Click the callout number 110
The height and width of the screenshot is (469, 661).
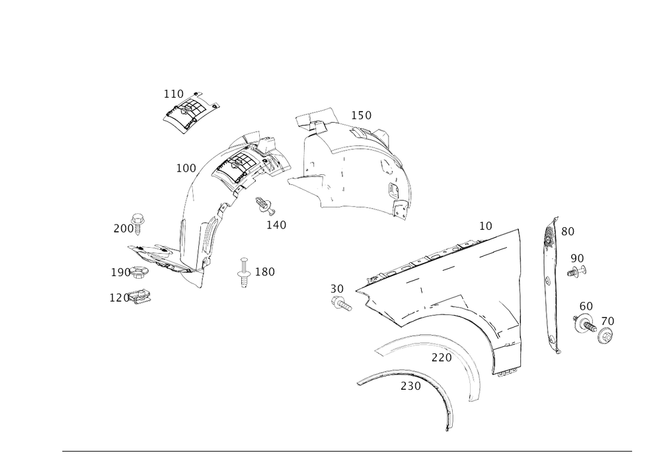(173, 94)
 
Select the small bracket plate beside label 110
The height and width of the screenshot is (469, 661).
(191, 111)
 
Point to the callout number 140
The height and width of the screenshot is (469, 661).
(277, 225)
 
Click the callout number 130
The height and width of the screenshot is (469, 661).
(264, 271)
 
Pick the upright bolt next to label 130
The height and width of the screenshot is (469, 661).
(244, 272)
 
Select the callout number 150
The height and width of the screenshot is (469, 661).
(361, 116)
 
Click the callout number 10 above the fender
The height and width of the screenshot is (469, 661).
(486, 226)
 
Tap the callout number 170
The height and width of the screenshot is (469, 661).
(440, 358)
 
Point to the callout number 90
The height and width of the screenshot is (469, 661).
(577, 256)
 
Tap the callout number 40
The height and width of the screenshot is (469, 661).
(609, 321)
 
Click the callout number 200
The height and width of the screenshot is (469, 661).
(122, 229)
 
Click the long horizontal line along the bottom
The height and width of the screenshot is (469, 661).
(347, 452)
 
